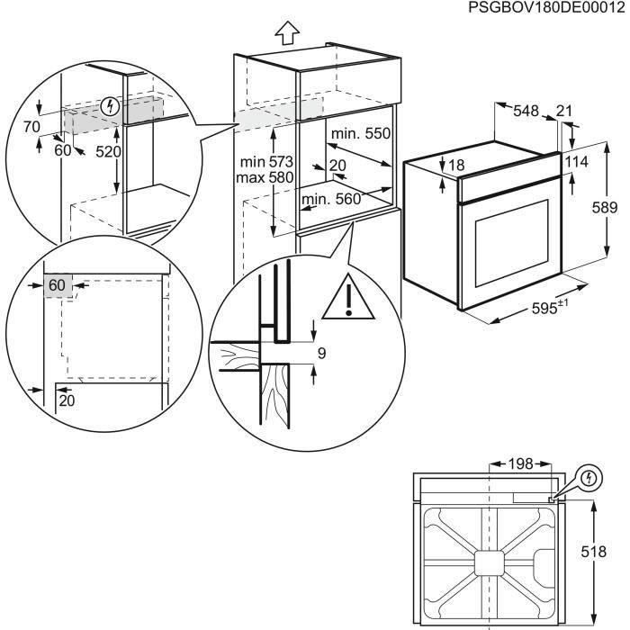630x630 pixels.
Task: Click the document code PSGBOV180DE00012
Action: [x=546, y=8]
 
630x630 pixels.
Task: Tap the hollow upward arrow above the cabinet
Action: [x=286, y=31]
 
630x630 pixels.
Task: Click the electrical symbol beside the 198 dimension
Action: [x=588, y=477]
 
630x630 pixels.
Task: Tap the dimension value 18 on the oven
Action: [x=457, y=166]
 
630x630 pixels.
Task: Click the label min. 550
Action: [x=360, y=134]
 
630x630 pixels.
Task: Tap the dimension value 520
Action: [x=108, y=152]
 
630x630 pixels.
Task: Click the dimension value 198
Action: [x=519, y=464]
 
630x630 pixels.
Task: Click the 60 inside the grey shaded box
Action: [x=58, y=286]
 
